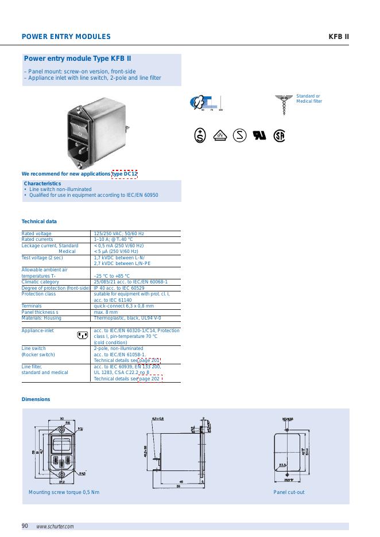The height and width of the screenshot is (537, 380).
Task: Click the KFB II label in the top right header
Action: (339, 37)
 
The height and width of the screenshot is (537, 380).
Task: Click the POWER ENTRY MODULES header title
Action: (66, 37)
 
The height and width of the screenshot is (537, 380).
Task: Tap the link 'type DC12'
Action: (125, 174)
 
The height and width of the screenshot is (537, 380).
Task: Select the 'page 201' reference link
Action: (149, 360)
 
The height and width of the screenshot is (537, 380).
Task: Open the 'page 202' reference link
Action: (149, 379)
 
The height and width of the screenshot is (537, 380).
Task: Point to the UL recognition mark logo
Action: (259, 136)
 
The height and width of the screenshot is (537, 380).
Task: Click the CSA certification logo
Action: (279, 136)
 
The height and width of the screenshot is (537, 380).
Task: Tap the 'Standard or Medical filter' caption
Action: (309, 99)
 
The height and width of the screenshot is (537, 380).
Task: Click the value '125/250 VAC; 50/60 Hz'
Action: (119, 234)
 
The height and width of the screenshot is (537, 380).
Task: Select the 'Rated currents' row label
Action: (37, 239)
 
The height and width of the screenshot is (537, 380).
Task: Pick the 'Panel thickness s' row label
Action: (40, 312)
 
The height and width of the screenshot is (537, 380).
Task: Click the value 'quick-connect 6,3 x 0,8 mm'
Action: (123, 306)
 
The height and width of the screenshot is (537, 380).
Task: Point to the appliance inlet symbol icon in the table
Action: (82, 335)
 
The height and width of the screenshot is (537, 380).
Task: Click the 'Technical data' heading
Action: (39, 221)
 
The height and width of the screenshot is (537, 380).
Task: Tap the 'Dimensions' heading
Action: (36, 399)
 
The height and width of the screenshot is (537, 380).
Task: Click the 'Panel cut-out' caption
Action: (289, 492)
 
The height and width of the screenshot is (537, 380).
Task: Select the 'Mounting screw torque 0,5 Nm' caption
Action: (64, 492)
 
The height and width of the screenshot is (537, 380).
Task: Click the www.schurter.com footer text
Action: (55, 527)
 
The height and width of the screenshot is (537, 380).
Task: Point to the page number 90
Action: (25, 526)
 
